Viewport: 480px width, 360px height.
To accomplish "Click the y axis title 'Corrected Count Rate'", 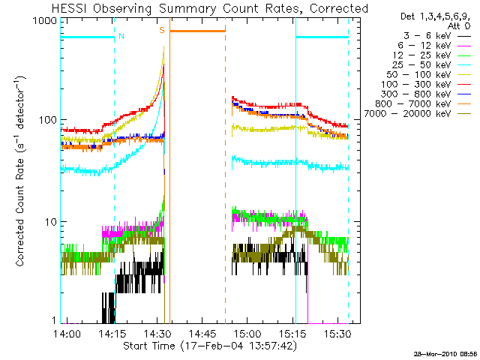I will point(22,171).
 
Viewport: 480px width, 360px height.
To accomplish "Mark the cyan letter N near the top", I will point(121,35).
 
